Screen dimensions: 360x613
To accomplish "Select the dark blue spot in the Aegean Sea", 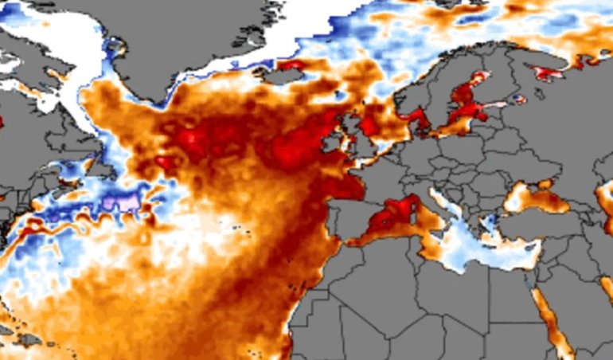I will point(491,220).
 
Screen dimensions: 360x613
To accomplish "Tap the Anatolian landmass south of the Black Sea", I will point(541,227).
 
